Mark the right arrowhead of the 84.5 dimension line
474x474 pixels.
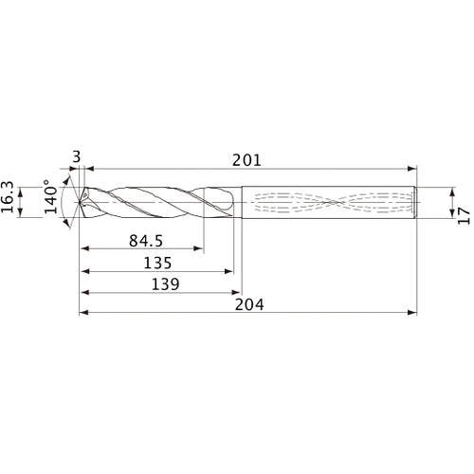pos(201,250)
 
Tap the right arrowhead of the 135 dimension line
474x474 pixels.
pos(231,272)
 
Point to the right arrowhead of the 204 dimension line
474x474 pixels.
pos(415,313)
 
